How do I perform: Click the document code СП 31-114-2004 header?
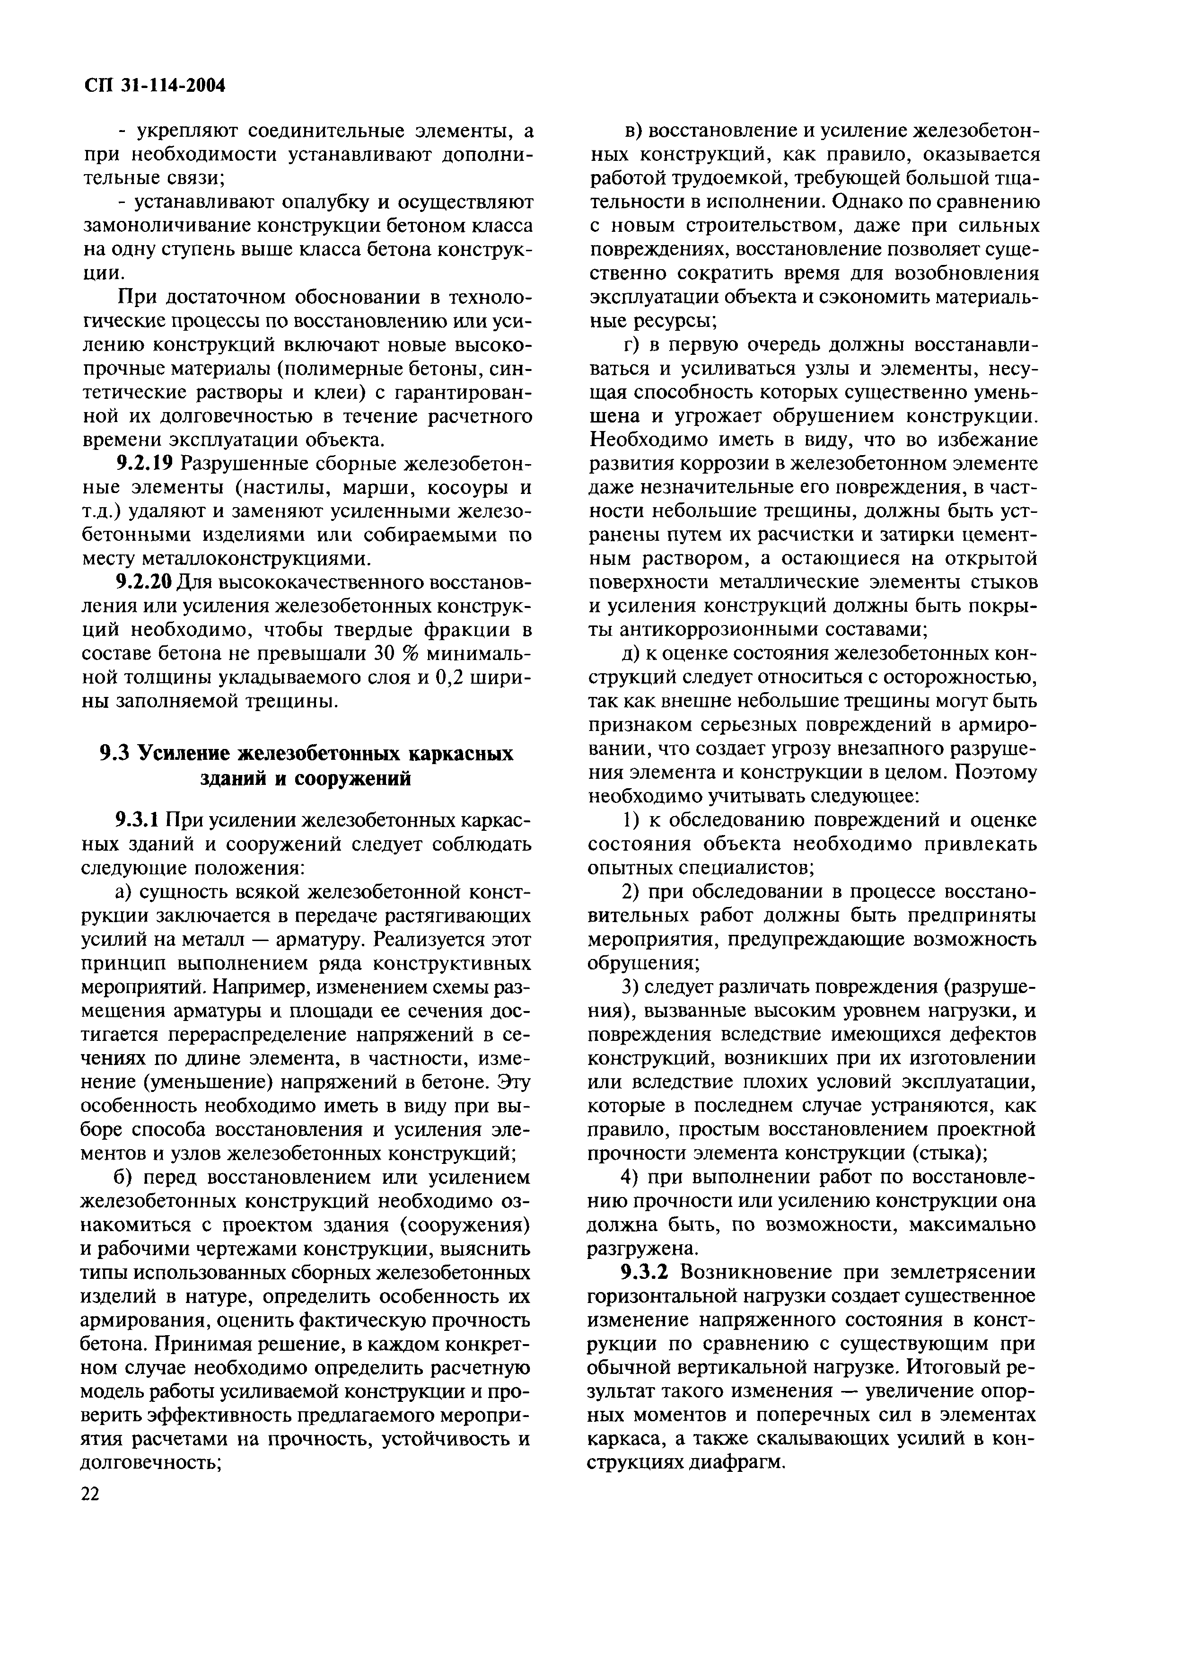pos(152,87)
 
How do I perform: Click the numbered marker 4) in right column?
pos(633,1177)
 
